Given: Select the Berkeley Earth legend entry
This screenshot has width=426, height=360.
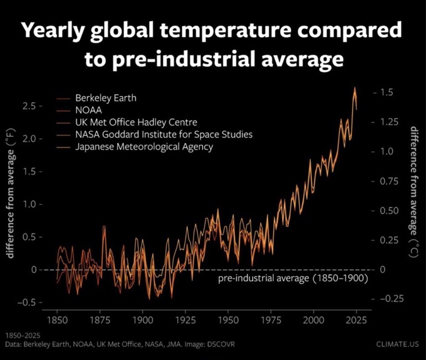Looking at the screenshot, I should (105, 98).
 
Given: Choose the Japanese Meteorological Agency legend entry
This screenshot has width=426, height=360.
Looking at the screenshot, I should (144, 147).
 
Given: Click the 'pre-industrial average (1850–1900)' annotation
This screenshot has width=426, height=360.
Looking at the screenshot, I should (293, 277).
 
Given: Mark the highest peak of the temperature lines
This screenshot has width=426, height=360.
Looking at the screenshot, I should (355, 88).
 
